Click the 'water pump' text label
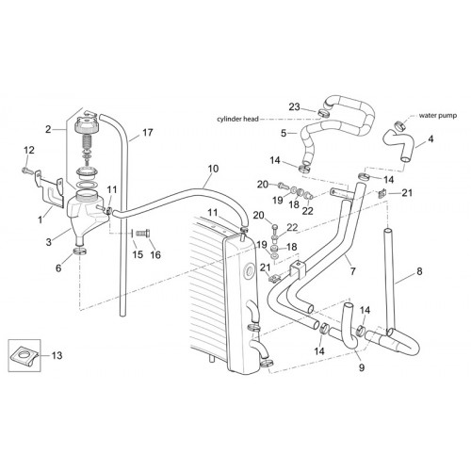(438, 116)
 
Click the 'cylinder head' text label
(237, 119)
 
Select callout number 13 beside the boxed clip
(57, 355)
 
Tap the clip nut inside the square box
(24, 356)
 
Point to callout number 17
(148, 133)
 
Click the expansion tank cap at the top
(88, 124)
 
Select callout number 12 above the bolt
(29, 150)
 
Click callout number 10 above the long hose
(213, 169)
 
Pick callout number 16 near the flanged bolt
(155, 254)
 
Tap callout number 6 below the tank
(58, 268)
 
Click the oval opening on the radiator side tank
(251, 270)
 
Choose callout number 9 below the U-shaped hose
(362, 367)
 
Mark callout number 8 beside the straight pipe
(419, 271)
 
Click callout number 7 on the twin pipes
(353, 271)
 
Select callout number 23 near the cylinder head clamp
(294, 106)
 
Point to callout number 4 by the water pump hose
(430, 138)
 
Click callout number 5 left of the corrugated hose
(284, 133)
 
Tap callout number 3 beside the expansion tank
(48, 242)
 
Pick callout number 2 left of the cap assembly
(48, 129)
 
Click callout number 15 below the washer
(138, 254)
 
